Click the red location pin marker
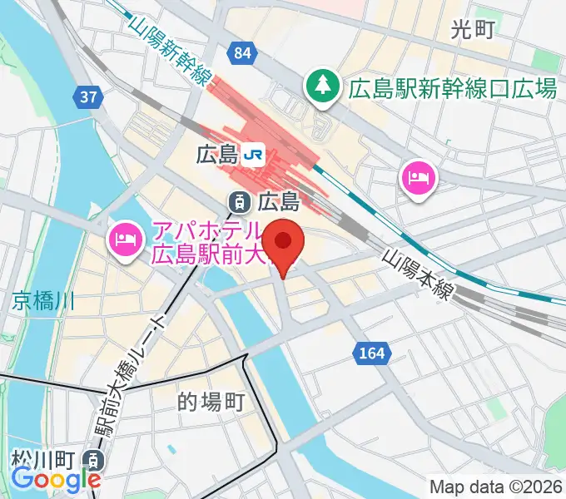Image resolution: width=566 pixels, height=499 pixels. click(x=284, y=243)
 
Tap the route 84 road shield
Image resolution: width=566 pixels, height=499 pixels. click(x=242, y=54)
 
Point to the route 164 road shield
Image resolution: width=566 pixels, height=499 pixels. click(x=372, y=353)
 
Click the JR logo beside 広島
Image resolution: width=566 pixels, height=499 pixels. click(x=255, y=154)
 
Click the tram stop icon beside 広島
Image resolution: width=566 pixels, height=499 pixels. click(x=239, y=200)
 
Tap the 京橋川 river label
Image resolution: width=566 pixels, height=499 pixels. click(x=43, y=301)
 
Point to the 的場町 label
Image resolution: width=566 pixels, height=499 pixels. click(x=211, y=403)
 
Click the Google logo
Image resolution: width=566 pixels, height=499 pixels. click(x=56, y=480)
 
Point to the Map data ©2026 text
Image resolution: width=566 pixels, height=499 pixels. click(x=495, y=487)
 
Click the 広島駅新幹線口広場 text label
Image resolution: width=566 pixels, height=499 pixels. click(x=453, y=87)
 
